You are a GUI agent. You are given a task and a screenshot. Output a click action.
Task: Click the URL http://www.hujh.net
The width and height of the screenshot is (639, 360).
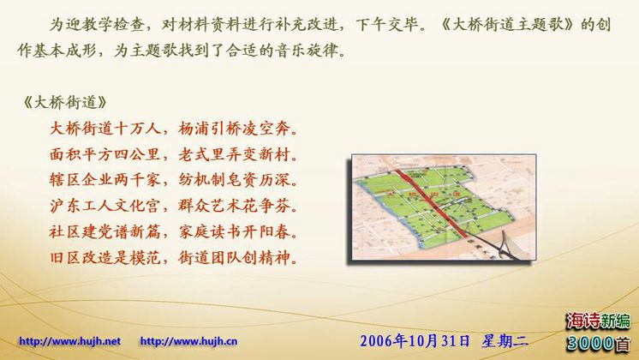pyautogui.click(x=69, y=341)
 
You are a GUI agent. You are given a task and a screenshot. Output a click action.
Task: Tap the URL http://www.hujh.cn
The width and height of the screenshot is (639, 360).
pyautogui.click(x=188, y=341)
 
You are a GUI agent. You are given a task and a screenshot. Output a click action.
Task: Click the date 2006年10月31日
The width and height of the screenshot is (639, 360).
pyautogui.click(x=415, y=341)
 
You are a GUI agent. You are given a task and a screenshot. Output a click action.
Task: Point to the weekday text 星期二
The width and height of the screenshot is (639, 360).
pyautogui.click(x=505, y=341)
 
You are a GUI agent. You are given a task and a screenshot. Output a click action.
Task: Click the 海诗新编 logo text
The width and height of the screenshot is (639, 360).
pyautogui.click(x=598, y=321)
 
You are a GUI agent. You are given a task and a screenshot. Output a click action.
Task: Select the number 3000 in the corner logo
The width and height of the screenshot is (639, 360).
pyautogui.click(x=590, y=343)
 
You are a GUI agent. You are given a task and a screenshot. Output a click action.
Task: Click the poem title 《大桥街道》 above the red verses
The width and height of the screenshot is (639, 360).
pyautogui.click(x=65, y=102)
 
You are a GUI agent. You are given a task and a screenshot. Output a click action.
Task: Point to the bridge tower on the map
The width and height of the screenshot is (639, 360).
pyautogui.click(x=505, y=243)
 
